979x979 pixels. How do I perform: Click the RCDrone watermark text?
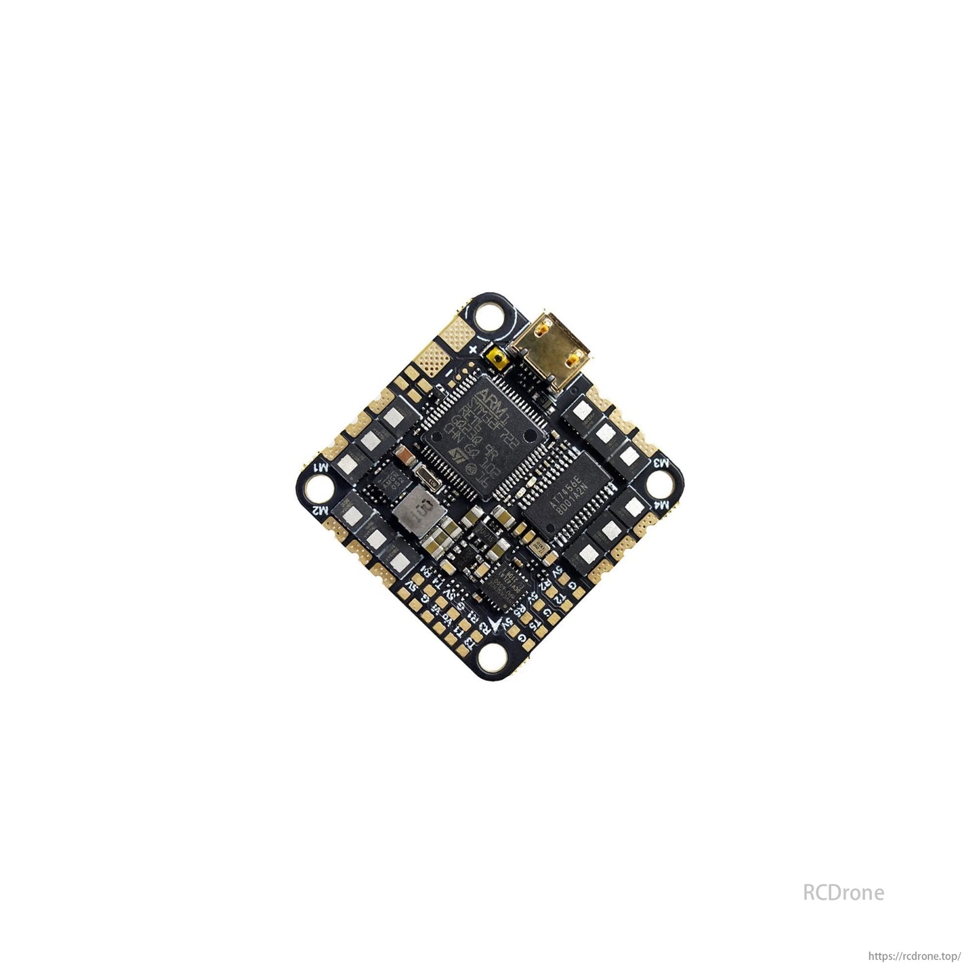(843, 892)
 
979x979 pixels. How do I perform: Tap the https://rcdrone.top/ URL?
(914, 957)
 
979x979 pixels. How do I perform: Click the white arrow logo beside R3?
(499, 625)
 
